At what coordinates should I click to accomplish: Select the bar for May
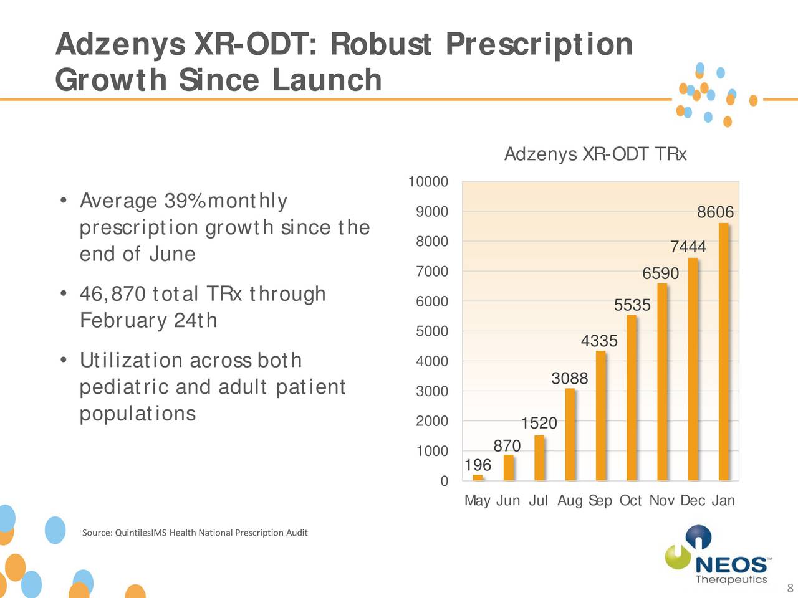478,477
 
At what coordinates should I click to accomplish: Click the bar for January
723,352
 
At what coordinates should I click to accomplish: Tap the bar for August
570,434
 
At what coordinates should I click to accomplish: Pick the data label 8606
715,212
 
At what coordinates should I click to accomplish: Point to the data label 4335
599,341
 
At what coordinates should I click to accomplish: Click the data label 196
478,465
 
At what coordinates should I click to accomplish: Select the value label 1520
539,423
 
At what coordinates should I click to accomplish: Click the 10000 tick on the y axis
428,182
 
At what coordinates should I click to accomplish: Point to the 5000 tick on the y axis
431,331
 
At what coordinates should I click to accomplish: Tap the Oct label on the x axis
630,501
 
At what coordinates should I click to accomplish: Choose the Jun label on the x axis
507,501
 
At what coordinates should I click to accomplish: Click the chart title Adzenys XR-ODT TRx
595,154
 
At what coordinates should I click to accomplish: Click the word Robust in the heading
380,44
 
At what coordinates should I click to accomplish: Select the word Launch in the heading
327,80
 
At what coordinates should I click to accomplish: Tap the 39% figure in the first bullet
185,201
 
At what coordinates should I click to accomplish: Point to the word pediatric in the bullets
125,387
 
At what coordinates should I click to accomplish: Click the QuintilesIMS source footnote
195,533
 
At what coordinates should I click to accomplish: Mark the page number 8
789,589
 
